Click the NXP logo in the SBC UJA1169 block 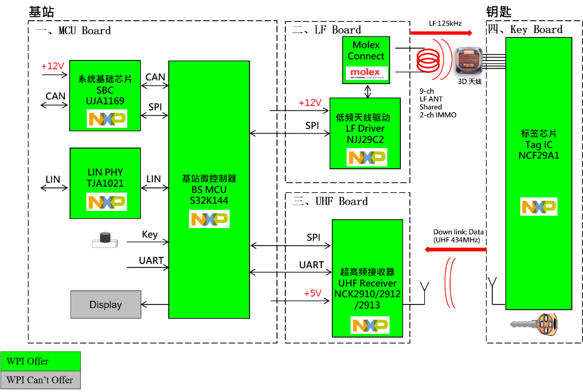[x=107, y=119]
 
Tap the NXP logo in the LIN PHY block [x=107, y=202]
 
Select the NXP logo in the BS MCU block [x=209, y=219]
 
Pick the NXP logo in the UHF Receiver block [x=370, y=325]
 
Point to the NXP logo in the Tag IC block [x=539, y=207]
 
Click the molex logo [x=365, y=73]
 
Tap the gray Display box [x=105, y=305]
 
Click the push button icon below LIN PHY [x=105, y=240]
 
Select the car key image [x=534, y=325]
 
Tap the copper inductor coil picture [x=469, y=60]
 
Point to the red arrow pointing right [x=442, y=33]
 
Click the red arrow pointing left [x=455, y=249]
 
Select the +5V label [x=313, y=294]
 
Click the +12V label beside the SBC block [x=53, y=66]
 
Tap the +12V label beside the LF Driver [x=310, y=103]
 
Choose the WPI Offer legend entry [x=40, y=361]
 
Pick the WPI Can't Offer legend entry [x=40, y=380]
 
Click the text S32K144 [x=209, y=200]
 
